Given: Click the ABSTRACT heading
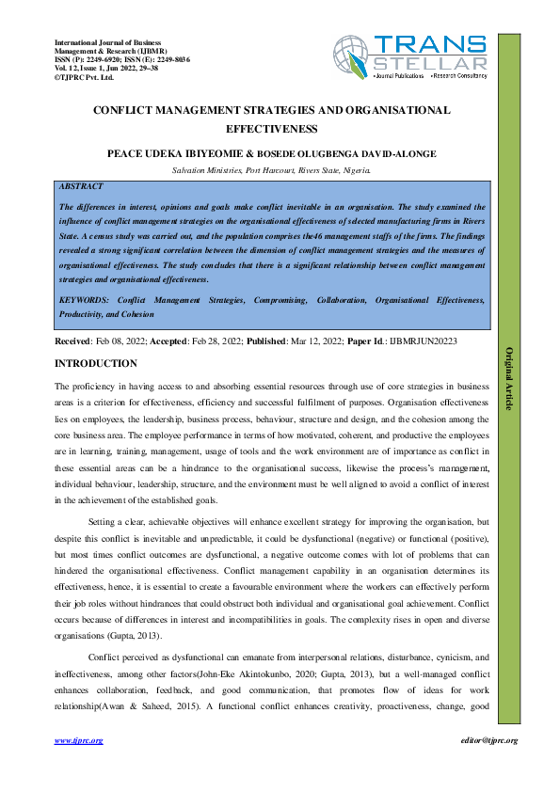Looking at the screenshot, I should pos(81,187).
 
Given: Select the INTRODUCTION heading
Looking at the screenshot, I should pos(96,363).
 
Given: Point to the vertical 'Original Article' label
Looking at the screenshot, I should pos(509,378).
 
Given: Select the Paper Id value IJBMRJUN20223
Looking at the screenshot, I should pos(420,341).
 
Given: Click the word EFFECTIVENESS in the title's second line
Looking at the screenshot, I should pos(272,129).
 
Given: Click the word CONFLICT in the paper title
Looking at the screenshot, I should pos(127,110).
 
